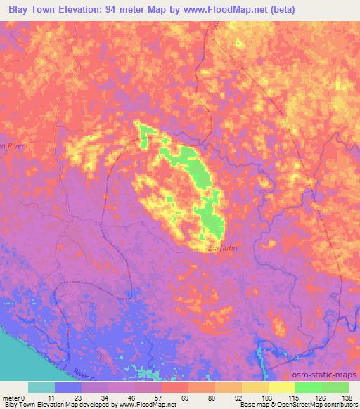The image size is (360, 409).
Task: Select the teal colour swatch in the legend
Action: click(x=41, y=387)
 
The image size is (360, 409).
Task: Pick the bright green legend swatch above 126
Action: click(x=309, y=387)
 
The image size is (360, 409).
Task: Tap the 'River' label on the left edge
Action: click(x=12, y=145)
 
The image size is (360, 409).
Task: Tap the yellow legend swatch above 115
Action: click(x=282, y=387)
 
